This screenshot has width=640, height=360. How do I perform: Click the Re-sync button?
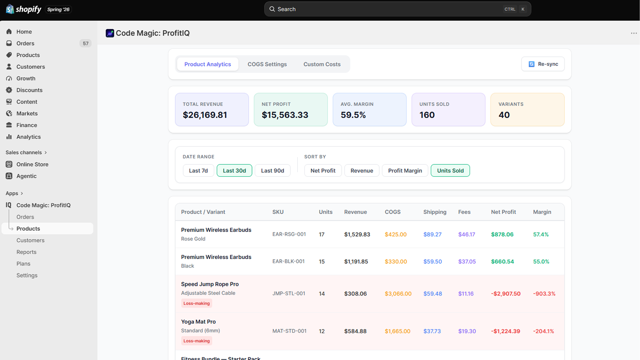click(543, 64)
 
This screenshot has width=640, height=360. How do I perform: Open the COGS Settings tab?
click(267, 64)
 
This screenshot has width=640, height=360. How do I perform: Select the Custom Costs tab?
click(322, 64)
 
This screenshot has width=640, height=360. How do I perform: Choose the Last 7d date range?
click(198, 170)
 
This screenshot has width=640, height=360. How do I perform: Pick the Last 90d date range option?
click(272, 170)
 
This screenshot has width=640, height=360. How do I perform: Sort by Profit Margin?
click(405, 170)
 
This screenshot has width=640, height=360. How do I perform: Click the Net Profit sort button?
click(323, 170)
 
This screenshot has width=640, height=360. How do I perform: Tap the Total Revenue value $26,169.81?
click(205, 115)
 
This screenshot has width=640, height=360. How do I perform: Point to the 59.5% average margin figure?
click(353, 115)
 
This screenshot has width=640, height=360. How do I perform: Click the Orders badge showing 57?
click(86, 44)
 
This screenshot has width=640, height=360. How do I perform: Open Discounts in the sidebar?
click(29, 90)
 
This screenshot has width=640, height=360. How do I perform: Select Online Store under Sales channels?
click(32, 164)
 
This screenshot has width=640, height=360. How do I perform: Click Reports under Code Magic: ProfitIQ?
click(26, 252)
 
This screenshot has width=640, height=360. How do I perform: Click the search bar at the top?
click(398, 9)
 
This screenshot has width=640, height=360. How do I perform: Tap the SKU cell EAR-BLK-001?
click(288, 262)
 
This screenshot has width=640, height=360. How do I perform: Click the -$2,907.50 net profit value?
click(506, 294)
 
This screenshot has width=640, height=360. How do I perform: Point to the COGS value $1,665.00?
click(398, 331)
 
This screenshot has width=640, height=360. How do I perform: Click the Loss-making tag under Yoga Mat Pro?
click(196, 341)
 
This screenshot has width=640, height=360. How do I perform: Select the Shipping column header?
click(435, 212)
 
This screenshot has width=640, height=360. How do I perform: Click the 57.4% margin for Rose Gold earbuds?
click(541, 234)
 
